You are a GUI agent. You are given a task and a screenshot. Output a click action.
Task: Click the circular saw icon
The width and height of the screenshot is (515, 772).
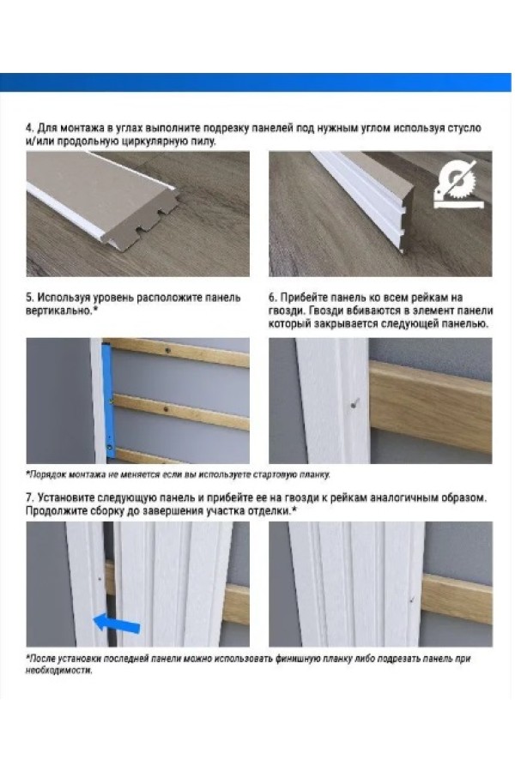(457, 184)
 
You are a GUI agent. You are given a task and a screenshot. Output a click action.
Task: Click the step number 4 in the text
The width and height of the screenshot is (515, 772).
(28, 128)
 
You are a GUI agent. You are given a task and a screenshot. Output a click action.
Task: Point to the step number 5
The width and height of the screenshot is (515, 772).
(29, 298)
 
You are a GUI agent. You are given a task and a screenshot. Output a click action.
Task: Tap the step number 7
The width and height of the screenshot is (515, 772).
(29, 498)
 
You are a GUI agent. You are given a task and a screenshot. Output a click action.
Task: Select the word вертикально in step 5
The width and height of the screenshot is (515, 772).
(58, 311)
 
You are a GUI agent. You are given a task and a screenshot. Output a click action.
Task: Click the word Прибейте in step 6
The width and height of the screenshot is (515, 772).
(304, 298)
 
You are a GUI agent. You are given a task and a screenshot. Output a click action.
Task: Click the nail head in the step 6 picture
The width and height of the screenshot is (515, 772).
(353, 404)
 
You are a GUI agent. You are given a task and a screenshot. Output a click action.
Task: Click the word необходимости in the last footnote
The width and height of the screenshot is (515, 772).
(58, 671)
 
